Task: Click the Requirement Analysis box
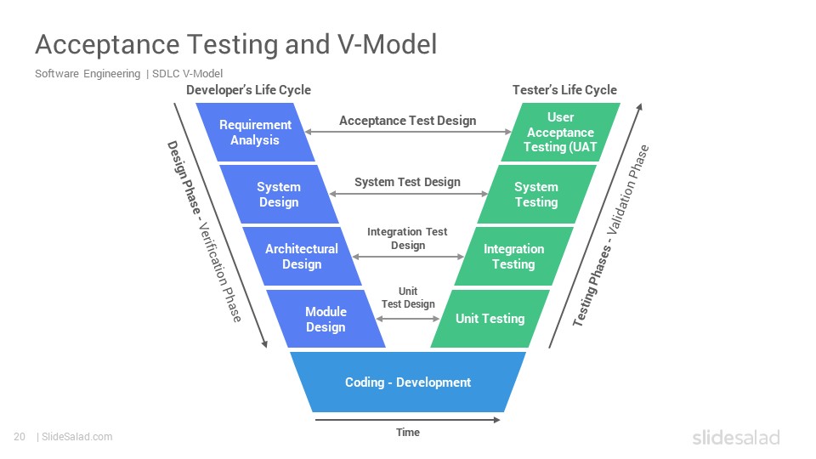click(255, 133)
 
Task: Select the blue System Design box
click(279, 194)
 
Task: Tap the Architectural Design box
click(302, 256)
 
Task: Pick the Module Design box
click(326, 319)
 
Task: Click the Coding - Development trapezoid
click(408, 382)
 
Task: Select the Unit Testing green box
click(490, 319)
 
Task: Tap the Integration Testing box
click(513, 256)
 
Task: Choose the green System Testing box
click(536, 194)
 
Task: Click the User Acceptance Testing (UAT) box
click(560, 133)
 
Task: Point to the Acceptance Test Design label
click(407, 121)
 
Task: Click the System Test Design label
click(407, 182)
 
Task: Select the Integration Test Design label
click(407, 238)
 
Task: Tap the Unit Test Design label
click(408, 297)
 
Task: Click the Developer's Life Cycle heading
click(249, 90)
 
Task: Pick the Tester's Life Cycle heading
click(564, 90)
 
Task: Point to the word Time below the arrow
click(408, 433)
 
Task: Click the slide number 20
click(20, 437)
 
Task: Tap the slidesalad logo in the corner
click(736, 437)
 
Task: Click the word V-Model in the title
click(388, 44)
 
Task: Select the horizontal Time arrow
click(407, 419)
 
